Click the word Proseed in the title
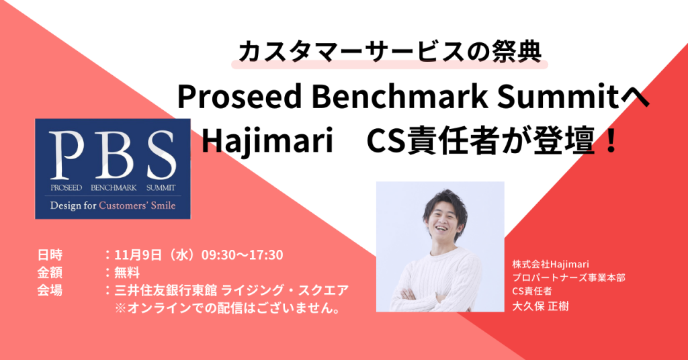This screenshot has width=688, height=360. point(240,97)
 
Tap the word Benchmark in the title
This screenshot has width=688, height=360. point(400,97)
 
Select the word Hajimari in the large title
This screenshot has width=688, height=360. point(267,141)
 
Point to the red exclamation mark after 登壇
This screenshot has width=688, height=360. point(610,140)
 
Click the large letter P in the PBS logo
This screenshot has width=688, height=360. point(67,154)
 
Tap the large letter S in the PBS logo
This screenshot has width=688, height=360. point(162,154)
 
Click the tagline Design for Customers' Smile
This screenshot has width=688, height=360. point(113,206)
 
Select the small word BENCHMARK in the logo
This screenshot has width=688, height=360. point(114,187)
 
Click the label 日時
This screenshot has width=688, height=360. point(50,255)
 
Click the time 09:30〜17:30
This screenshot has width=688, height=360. point(242,255)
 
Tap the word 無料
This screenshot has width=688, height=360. point(127,273)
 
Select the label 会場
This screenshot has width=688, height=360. point(50,290)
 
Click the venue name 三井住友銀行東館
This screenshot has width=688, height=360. point(165,290)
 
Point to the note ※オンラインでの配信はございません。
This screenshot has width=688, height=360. point(228,308)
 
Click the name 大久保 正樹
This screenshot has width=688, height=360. point(540,306)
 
